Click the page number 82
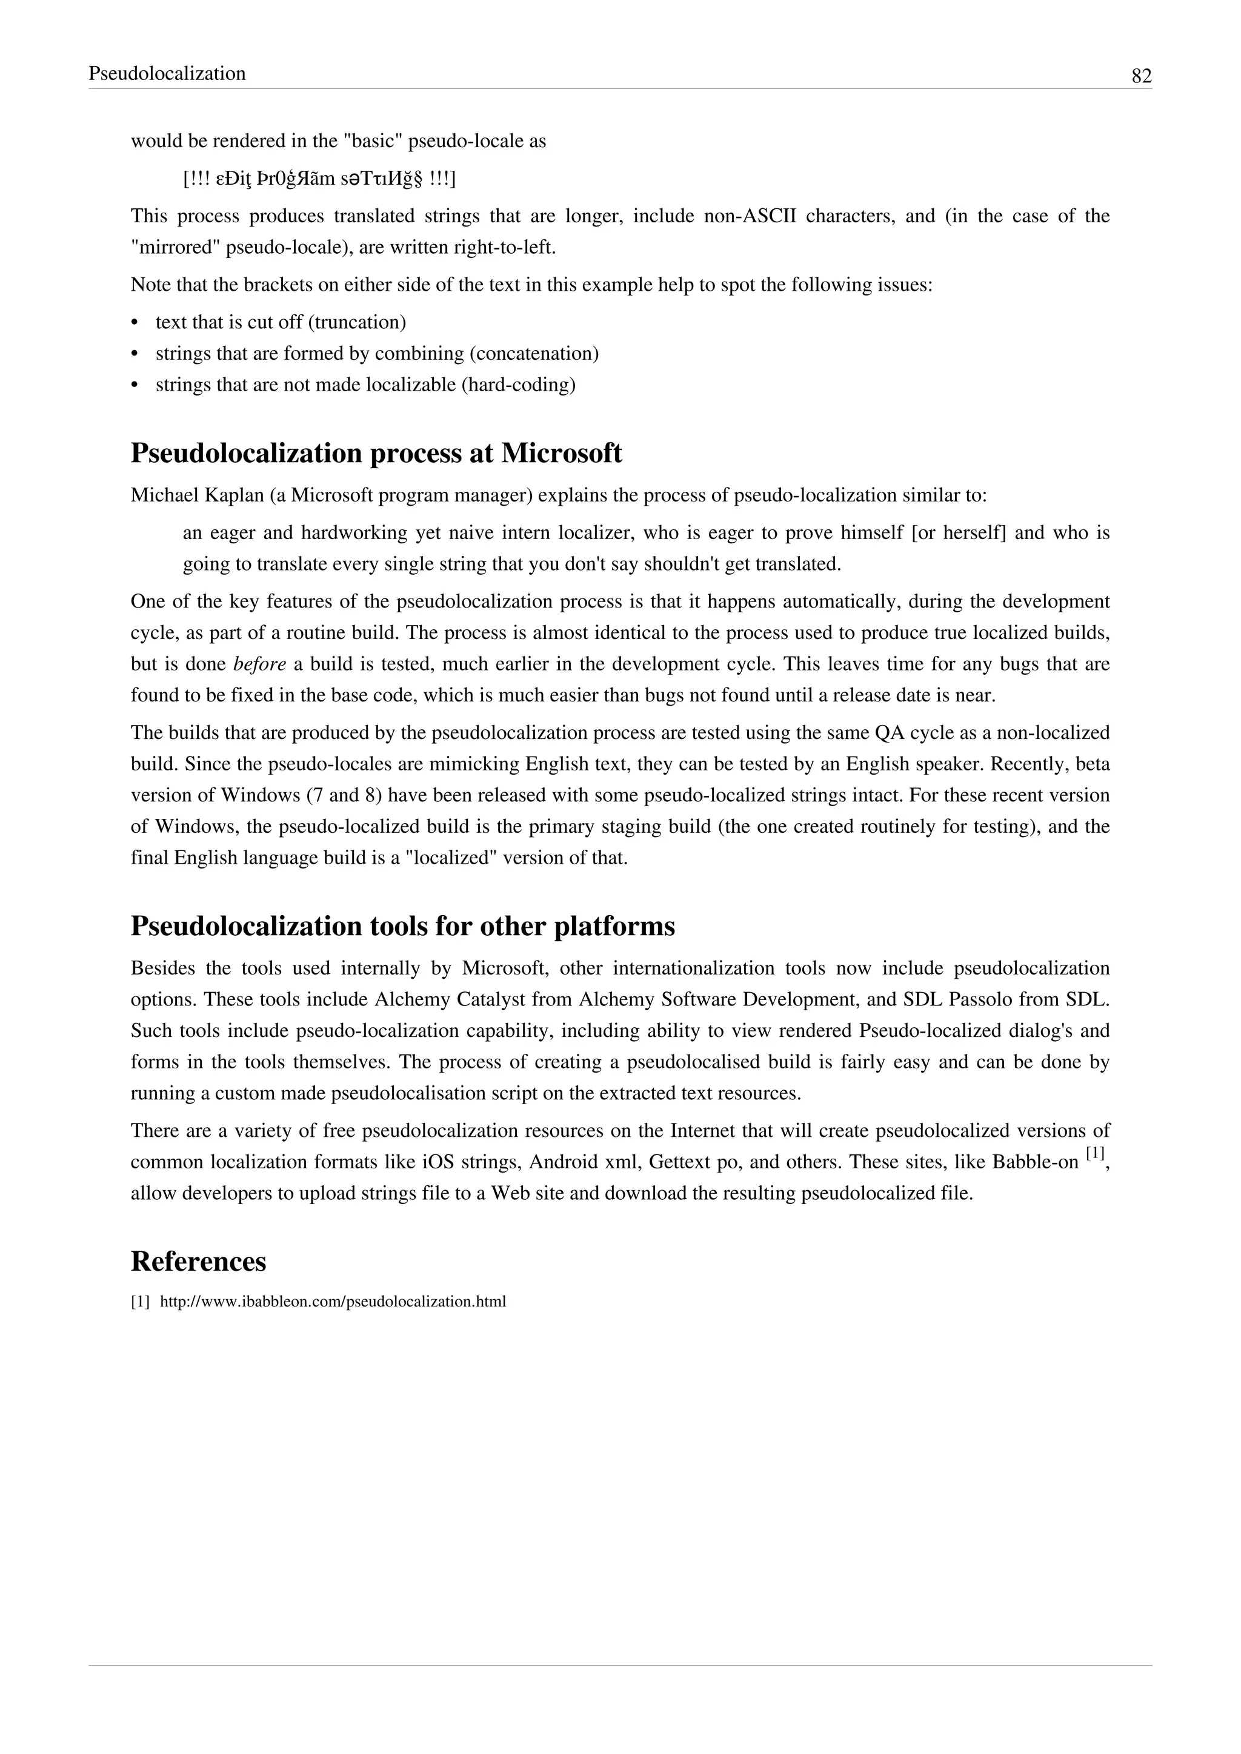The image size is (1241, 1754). (1141, 76)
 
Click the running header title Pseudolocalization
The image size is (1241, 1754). (167, 73)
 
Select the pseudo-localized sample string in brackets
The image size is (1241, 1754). (319, 179)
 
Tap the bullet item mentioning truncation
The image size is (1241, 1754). (281, 322)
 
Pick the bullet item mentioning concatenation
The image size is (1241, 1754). (377, 354)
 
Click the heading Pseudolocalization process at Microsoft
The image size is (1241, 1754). (376, 453)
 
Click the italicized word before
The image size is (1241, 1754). (259, 664)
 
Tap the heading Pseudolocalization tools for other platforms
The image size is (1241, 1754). (403, 926)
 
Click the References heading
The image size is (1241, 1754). (198, 1261)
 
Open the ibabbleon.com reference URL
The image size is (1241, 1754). (333, 1301)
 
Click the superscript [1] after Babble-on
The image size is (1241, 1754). (1094, 1154)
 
